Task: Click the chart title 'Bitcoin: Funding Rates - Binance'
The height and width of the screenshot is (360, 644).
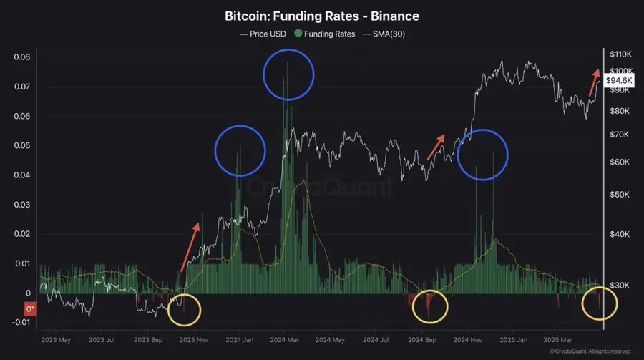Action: [321, 15]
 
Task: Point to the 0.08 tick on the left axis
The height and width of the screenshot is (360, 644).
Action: [21, 57]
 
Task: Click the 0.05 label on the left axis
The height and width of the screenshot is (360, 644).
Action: [21, 146]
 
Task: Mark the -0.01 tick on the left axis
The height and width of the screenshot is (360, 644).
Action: [20, 323]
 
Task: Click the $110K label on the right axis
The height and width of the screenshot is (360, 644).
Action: [618, 54]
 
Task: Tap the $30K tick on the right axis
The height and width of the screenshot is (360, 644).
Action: [617, 286]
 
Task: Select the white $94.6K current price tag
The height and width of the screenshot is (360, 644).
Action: [618, 82]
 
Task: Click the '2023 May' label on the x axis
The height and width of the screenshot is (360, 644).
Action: [56, 340]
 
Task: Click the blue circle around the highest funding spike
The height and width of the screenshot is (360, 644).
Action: [288, 74]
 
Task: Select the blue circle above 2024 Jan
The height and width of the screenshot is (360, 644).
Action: [240, 151]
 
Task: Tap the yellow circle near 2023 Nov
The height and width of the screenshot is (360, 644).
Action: [185, 311]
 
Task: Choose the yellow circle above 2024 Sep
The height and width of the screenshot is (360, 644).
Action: [430, 306]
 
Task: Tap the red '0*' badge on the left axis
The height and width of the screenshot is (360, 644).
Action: [31, 310]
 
